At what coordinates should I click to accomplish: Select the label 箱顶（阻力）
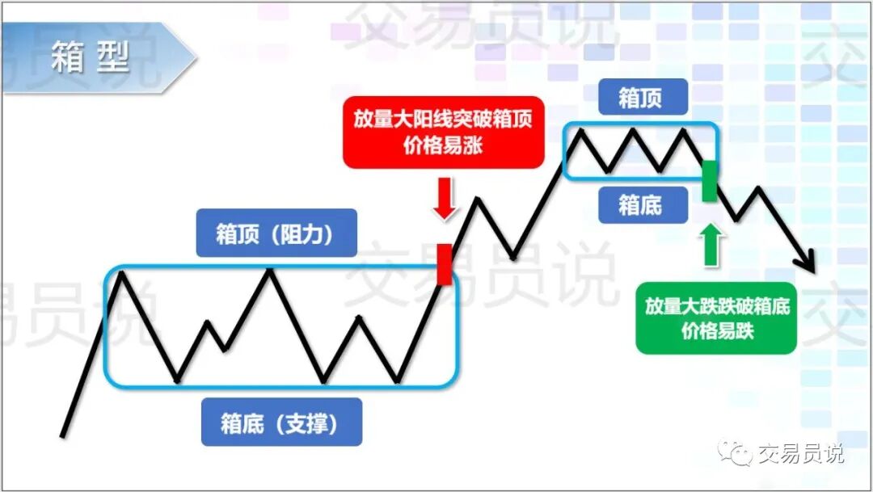[x=264, y=233]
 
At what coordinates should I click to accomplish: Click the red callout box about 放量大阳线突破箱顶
[x=443, y=132]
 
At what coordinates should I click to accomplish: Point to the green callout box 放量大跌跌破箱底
[x=716, y=317]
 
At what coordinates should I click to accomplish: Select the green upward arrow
[x=710, y=245]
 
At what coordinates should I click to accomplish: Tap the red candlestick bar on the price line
[x=444, y=263]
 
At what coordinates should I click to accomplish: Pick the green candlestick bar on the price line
[x=709, y=180]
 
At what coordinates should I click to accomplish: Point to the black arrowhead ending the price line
[x=807, y=263]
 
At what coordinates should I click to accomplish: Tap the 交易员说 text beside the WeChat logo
[x=799, y=454]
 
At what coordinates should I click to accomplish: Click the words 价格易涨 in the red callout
[x=443, y=147]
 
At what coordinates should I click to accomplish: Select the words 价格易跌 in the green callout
[x=716, y=330]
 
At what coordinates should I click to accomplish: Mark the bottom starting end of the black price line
[x=62, y=436]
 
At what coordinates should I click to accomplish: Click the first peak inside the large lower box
[x=121, y=272]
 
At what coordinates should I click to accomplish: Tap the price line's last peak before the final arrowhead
[x=759, y=188]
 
